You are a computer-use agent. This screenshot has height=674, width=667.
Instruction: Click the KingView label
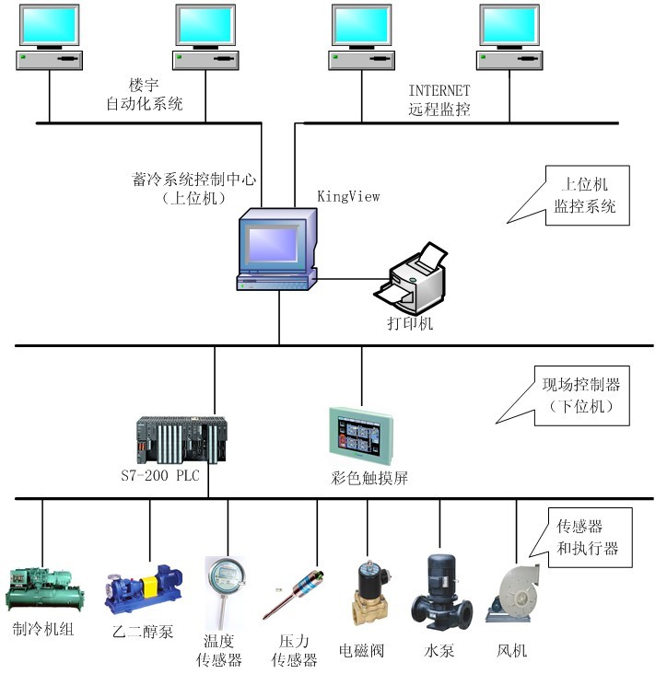pos(348,196)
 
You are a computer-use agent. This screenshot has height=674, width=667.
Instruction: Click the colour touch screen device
pos(362,436)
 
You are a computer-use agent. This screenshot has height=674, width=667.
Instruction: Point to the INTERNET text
pos(439,90)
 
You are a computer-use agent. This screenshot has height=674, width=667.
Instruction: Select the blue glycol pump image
pos(143,588)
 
